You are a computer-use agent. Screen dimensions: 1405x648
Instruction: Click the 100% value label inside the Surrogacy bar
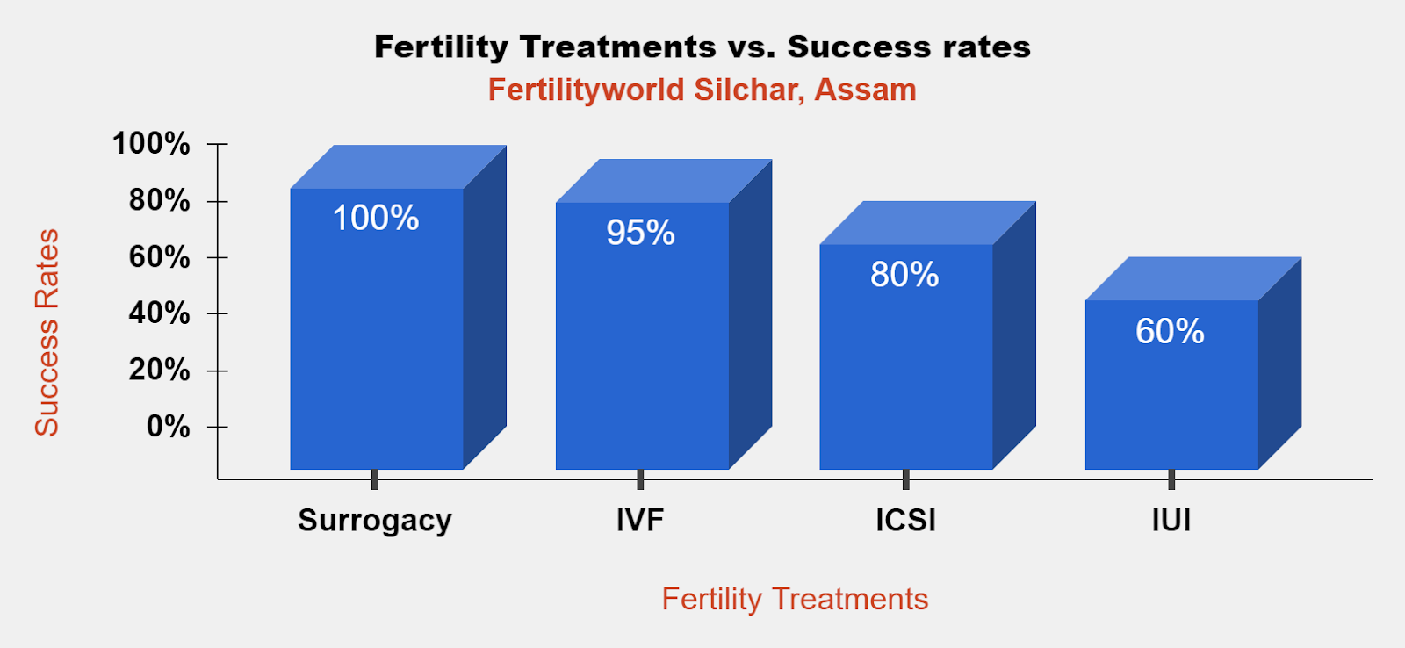click(376, 219)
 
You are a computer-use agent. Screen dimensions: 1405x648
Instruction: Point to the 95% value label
click(640, 233)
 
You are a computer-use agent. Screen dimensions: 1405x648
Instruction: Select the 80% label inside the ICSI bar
click(904, 275)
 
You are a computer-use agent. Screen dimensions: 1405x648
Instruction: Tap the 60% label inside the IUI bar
click(1170, 331)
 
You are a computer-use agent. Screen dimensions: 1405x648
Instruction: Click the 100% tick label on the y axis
click(151, 144)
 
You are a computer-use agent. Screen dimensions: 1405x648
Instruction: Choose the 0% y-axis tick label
click(168, 427)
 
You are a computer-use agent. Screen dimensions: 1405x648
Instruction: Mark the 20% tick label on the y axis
click(159, 371)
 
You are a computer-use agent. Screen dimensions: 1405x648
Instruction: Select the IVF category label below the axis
click(640, 520)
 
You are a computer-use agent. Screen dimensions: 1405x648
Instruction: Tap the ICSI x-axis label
click(905, 520)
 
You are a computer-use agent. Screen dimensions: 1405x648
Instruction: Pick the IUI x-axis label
click(1171, 520)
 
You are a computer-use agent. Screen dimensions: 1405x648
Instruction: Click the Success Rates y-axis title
click(47, 333)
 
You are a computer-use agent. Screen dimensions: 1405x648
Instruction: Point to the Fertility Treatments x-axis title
click(795, 599)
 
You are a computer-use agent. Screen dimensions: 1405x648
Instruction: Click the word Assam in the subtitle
click(866, 90)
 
